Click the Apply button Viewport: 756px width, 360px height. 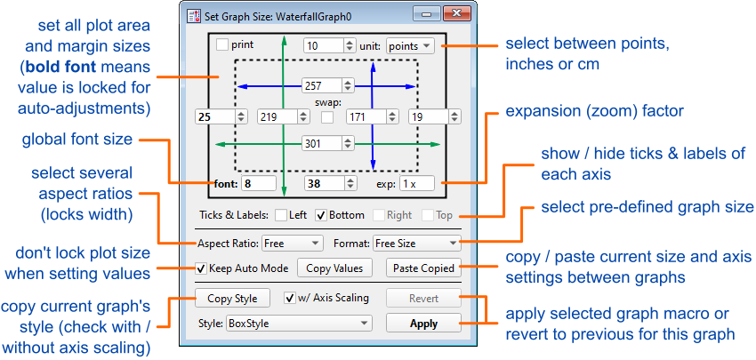[423, 323]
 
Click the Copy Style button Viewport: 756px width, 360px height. [231, 299]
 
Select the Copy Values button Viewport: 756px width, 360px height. [334, 268]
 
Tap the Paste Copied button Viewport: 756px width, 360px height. [423, 268]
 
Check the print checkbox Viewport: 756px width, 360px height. [221, 44]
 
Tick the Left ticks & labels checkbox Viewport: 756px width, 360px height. [281, 215]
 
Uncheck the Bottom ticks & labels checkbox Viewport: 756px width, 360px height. [321, 215]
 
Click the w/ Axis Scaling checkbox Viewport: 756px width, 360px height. [290, 298]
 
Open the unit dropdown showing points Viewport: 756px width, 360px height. [411, 44]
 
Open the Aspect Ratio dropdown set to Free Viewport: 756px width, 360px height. [292, 242]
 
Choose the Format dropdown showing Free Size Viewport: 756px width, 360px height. [416, 242]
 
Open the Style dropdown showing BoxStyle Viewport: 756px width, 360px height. [299, 323]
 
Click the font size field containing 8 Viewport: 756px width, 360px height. [258, 184]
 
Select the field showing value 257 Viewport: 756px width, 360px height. [322, 85]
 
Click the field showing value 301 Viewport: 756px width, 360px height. [322, 143]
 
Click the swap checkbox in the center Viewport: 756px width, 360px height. [329, 116]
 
